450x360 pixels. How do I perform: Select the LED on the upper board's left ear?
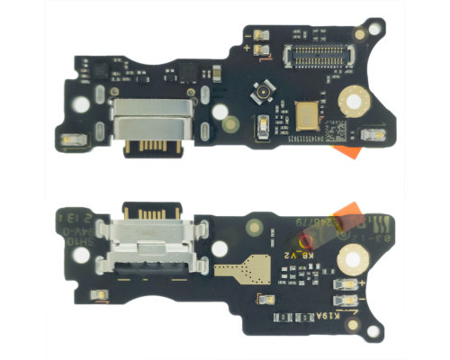[71, 140]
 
